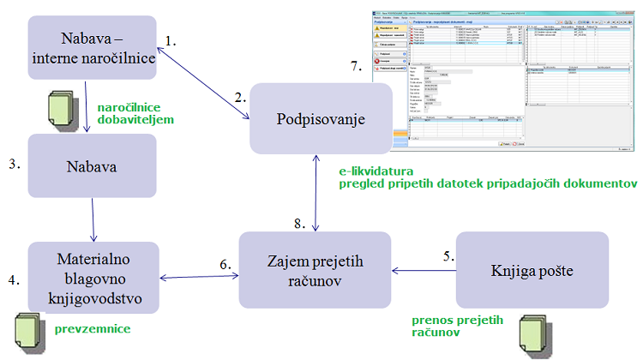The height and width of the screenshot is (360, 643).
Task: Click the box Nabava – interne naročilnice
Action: coord(93,48)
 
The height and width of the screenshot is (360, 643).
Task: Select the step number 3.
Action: coord(15,164)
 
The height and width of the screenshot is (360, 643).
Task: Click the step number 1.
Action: coord(170,40)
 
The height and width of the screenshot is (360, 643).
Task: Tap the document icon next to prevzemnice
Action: coord(29,328)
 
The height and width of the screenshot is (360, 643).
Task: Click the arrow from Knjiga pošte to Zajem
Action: coord(424,270)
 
